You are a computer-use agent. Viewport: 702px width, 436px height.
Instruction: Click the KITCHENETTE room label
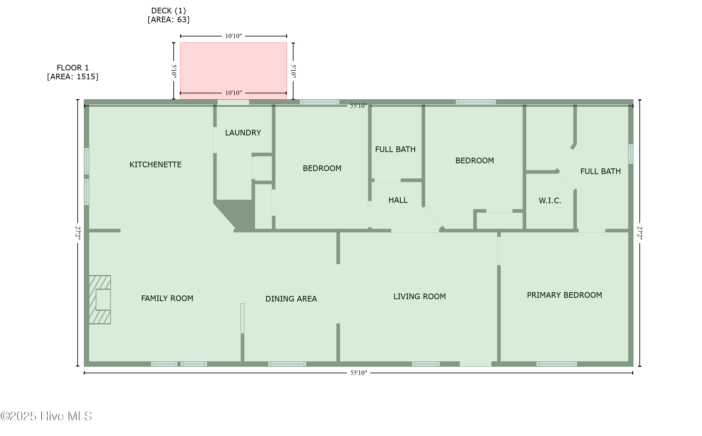(155, 165)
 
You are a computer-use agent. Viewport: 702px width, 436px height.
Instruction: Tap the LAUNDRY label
(243, 133)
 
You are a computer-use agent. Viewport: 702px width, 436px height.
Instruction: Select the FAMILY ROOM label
(167, 298)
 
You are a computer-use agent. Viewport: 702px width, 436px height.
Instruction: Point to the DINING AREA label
(291, 299)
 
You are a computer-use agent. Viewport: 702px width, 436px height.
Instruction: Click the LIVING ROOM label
(420, 297)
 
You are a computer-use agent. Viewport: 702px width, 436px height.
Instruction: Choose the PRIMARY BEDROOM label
(564, 295)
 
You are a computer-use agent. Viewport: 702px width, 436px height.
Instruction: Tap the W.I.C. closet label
(550, 201)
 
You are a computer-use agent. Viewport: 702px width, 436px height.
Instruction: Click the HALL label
(398, 200)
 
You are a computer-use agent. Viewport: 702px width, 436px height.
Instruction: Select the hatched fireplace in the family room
(100, 300)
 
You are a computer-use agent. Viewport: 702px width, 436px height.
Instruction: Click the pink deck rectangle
(233, 71)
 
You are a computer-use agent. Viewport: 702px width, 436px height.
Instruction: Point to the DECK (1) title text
(169, 11)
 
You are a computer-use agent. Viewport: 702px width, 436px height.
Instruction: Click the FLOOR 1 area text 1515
(86, 77)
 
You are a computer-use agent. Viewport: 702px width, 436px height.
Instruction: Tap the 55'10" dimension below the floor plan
(358, 373)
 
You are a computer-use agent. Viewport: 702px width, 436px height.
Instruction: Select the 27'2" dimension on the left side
(78, 233)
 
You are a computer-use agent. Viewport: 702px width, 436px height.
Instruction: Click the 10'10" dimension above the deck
(233, 36)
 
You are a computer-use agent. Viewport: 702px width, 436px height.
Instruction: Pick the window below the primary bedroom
(557, 364)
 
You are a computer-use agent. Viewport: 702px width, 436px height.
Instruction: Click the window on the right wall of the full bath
(631, 154)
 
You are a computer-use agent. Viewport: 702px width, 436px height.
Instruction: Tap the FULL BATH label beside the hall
(395, 150)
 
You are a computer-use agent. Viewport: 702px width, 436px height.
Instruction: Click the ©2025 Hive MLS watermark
(46, 416)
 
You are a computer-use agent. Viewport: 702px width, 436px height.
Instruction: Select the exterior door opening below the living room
(475, 364)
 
